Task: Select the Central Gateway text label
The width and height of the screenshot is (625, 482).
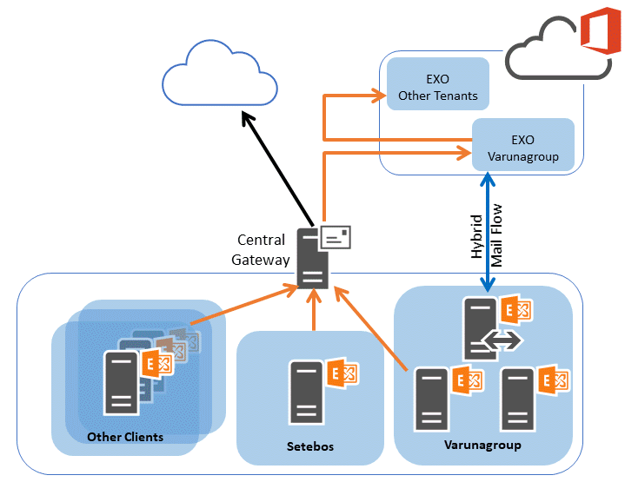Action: (x=263, y=249)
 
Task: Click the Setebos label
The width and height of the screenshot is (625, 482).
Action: (x=310, y=447)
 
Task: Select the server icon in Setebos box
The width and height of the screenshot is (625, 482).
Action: (x=306, y=392)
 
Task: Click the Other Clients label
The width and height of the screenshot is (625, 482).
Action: (x=124, y=437)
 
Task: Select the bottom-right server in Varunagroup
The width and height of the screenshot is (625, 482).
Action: (x=518, y=399)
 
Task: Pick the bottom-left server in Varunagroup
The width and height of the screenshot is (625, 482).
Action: (x=432, y=399)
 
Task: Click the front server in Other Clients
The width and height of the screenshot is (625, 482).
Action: (x=122, y=382)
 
